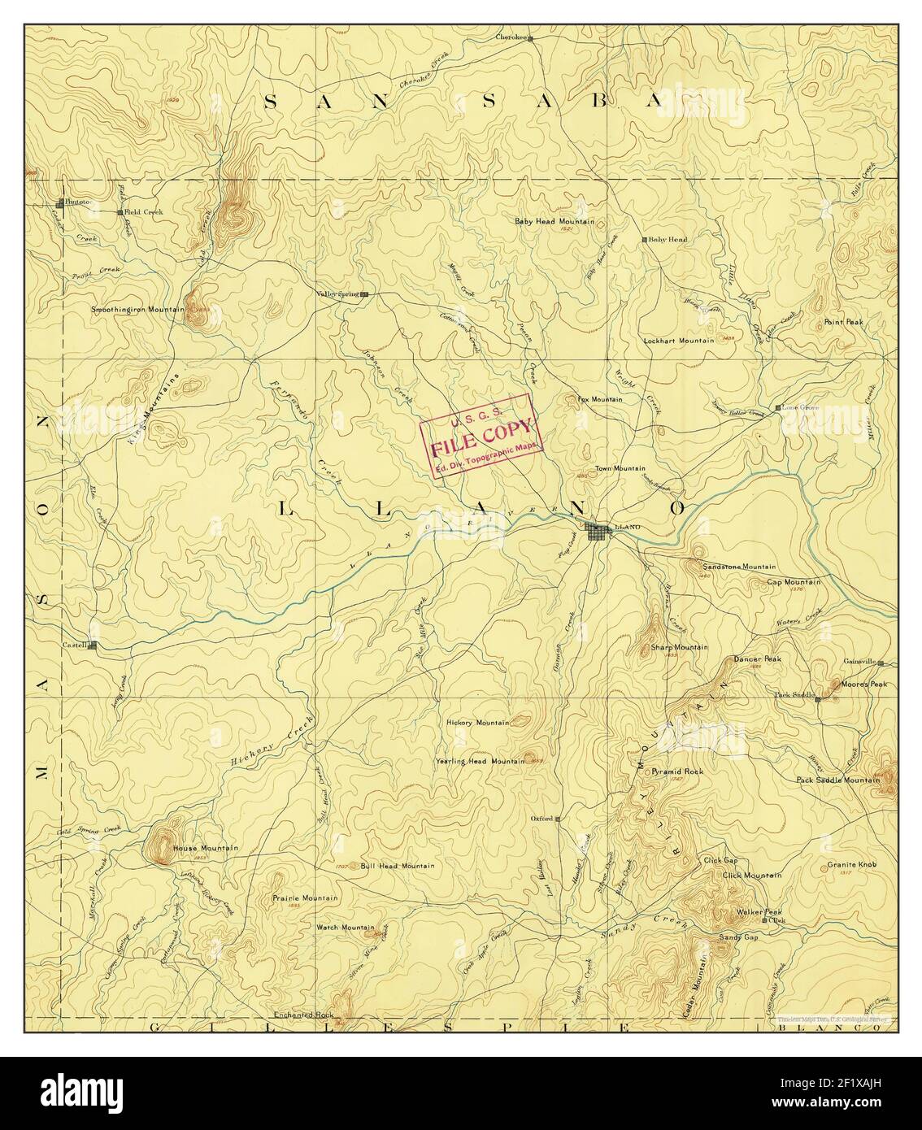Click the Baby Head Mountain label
[x=555, y=221]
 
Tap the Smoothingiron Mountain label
[x=136, y=310]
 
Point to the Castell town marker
[x=93, y=646]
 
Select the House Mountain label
[x=205, y=848]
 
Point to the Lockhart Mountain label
[x=679, y=340]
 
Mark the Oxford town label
[x=541, y=819]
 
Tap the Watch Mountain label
[x=345, y=928]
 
